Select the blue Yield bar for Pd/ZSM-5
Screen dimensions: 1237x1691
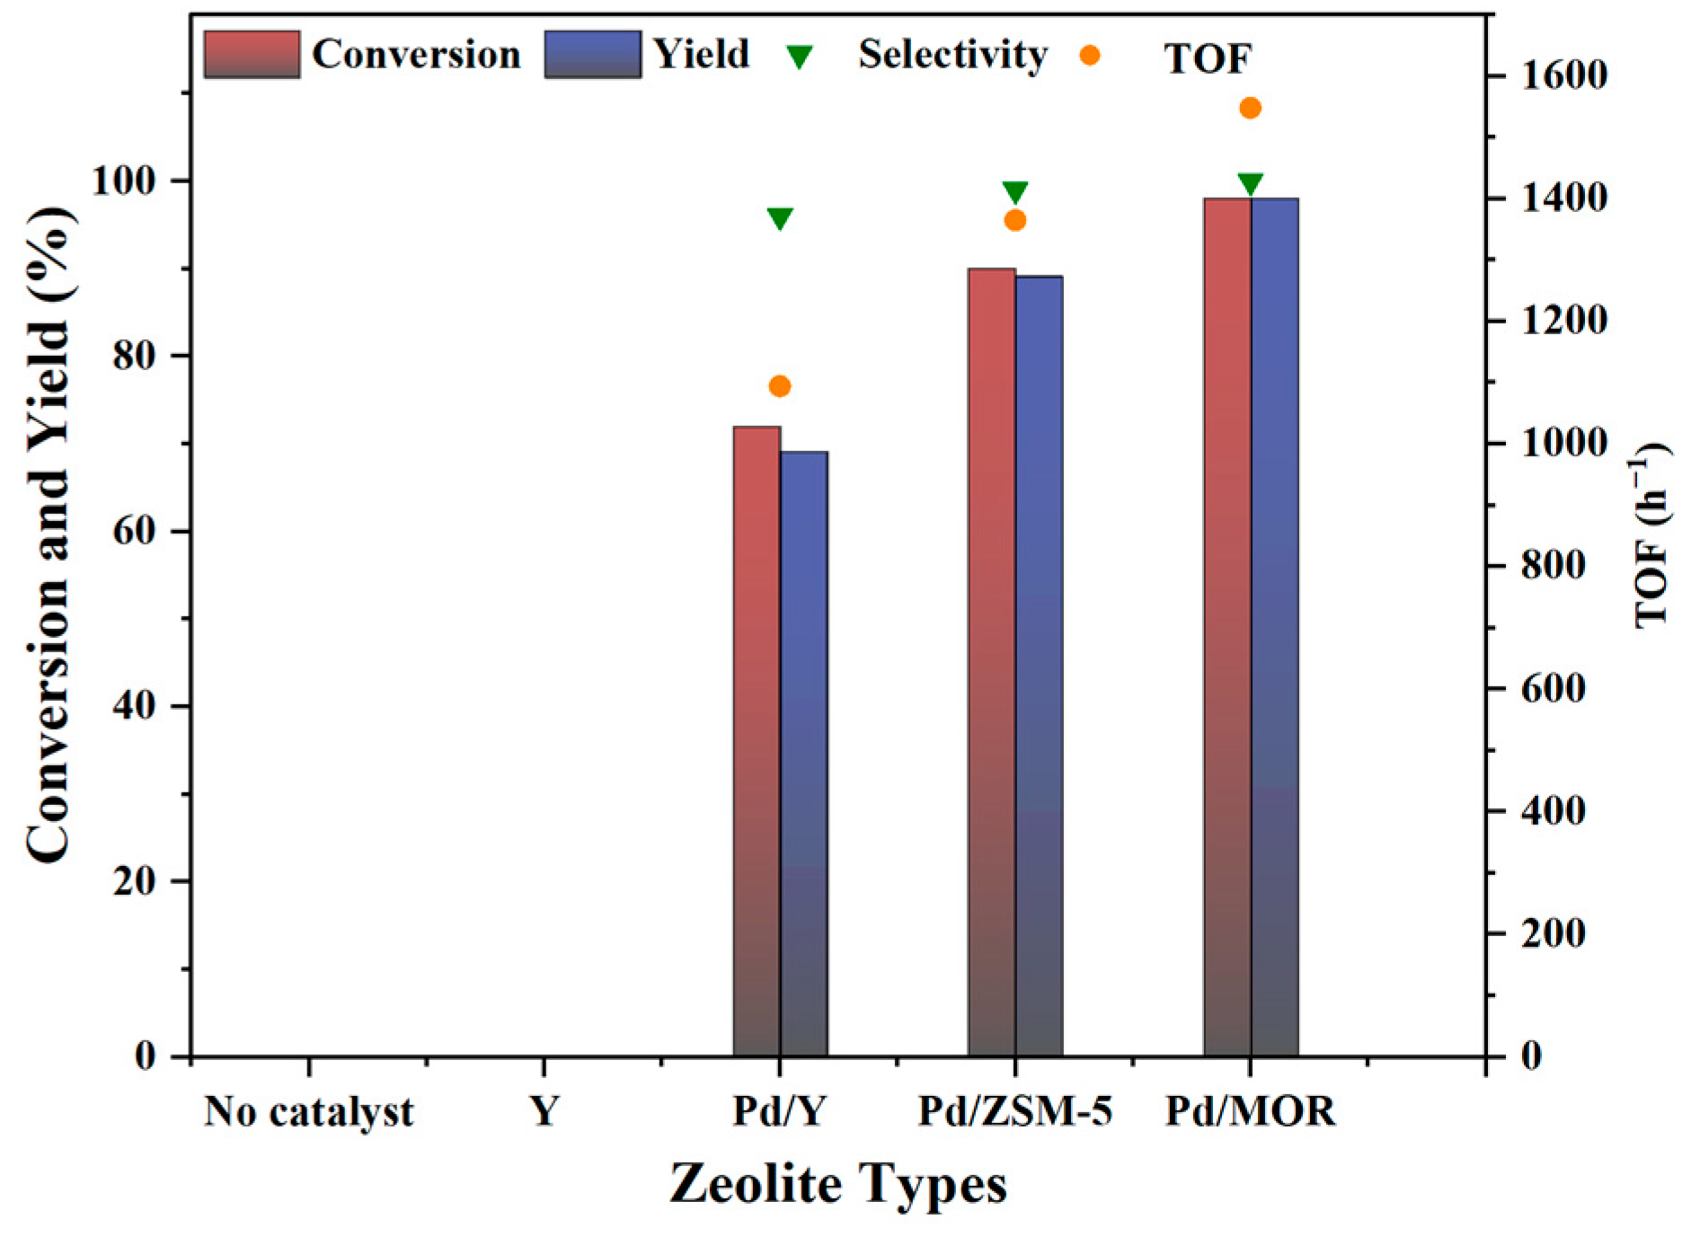point(1039,665)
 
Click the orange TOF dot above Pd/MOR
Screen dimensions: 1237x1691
point(1250,109)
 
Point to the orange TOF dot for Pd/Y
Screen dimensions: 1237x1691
point(779,386)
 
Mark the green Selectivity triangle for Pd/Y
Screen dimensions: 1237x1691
point(779,218)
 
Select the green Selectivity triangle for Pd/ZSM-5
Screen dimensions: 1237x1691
point(1015,192)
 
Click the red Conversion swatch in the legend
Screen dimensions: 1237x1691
point(252,55)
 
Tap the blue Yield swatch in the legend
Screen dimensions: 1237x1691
point(592,55)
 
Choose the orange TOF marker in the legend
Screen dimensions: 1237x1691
point(1090,56)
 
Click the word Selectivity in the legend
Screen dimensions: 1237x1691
point(952,55)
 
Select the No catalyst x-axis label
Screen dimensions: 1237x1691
point(308,1112)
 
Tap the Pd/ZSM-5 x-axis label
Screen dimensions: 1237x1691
point(1014,1112)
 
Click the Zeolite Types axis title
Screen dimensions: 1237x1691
point(837,1184)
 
